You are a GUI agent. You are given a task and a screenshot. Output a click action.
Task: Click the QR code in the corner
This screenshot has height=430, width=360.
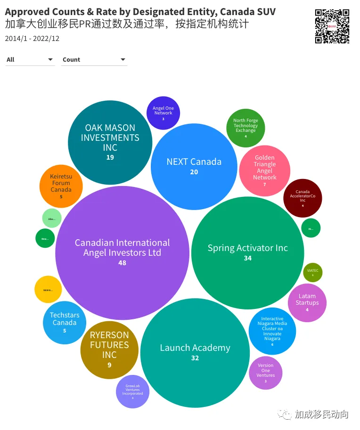click(x=332, y=26)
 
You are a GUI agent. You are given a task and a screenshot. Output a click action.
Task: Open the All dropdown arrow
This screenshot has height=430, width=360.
click(x=50, y=60)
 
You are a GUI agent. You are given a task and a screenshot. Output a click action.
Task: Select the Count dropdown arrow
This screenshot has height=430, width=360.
click(x=123, y=60)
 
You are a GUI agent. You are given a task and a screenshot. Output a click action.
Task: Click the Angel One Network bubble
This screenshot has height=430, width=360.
click(x=163, y=113)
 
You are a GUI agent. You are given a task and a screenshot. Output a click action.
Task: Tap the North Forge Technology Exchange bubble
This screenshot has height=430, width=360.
click(x=245, y=128)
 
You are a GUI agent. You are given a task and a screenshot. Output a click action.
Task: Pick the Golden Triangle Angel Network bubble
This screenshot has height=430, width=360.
click(x=264, y=170)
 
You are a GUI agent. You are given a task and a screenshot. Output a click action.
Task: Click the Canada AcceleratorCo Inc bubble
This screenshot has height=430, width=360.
click(x=303, y=198)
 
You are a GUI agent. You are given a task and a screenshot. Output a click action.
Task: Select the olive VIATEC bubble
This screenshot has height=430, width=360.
click(x=312, y=272)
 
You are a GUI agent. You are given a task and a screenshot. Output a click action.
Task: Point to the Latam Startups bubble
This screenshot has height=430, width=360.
click(x=307, y=302)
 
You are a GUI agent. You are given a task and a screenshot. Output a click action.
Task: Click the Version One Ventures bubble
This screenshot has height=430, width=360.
click(x=265, y=373)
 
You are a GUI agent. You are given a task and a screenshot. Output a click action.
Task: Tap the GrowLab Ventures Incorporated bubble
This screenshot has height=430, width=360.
click(x=132, y=391)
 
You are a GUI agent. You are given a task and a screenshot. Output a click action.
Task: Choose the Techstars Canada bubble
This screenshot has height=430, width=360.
click(x=65, y=322)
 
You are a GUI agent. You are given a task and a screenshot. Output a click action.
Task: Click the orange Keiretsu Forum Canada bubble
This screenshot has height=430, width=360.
click(x=61, y=186)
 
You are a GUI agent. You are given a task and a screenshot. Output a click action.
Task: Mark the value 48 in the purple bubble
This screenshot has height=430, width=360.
click(x=122, y=263)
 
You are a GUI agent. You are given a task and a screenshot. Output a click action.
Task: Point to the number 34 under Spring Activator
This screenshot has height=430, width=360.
click(x=247, y=258)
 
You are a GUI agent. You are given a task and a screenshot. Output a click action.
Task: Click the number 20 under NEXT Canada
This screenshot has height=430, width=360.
click(x=194, y=172)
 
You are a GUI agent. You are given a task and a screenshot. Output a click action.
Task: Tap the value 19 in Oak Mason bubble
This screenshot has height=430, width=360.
click(x=110, y=157)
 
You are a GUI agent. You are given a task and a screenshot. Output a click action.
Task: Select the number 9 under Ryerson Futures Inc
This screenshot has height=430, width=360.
click(x=109, y=365)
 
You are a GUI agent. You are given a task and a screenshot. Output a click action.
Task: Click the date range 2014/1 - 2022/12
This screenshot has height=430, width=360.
click(x=32, y=39)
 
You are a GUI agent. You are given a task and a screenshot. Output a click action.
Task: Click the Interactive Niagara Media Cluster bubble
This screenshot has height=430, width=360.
click(x=272, y=331)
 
